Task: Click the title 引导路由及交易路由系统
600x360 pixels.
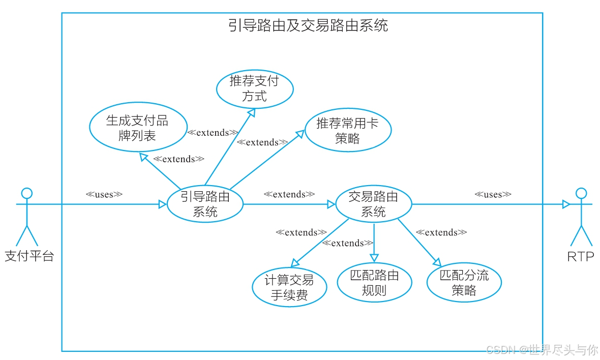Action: (308, 25)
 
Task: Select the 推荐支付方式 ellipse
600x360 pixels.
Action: (255, 88)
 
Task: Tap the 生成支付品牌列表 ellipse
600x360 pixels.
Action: (137, 128)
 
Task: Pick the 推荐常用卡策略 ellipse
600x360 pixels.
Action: (348, 130)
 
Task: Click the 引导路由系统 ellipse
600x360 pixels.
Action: (205, 204)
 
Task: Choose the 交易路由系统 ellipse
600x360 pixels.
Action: (373, 204)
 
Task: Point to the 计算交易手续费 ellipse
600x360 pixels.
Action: (289, 288)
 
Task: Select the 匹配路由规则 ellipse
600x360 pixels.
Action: (374, 283)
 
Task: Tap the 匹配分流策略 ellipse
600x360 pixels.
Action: (464, 283)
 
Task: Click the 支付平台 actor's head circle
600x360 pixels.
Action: (26, 193)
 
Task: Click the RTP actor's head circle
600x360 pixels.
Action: (580, 193)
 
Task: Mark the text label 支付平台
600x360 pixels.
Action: (29, 256)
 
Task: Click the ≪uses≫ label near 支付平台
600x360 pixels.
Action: (104, 194)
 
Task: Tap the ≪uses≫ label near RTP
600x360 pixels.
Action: (493, 194)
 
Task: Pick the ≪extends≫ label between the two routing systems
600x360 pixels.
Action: (289, 194)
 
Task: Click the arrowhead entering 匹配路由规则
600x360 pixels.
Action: (374, 258)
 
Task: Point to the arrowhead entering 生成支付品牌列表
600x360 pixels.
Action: (144, 156)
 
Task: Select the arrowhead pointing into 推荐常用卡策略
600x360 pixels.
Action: (300, 133)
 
